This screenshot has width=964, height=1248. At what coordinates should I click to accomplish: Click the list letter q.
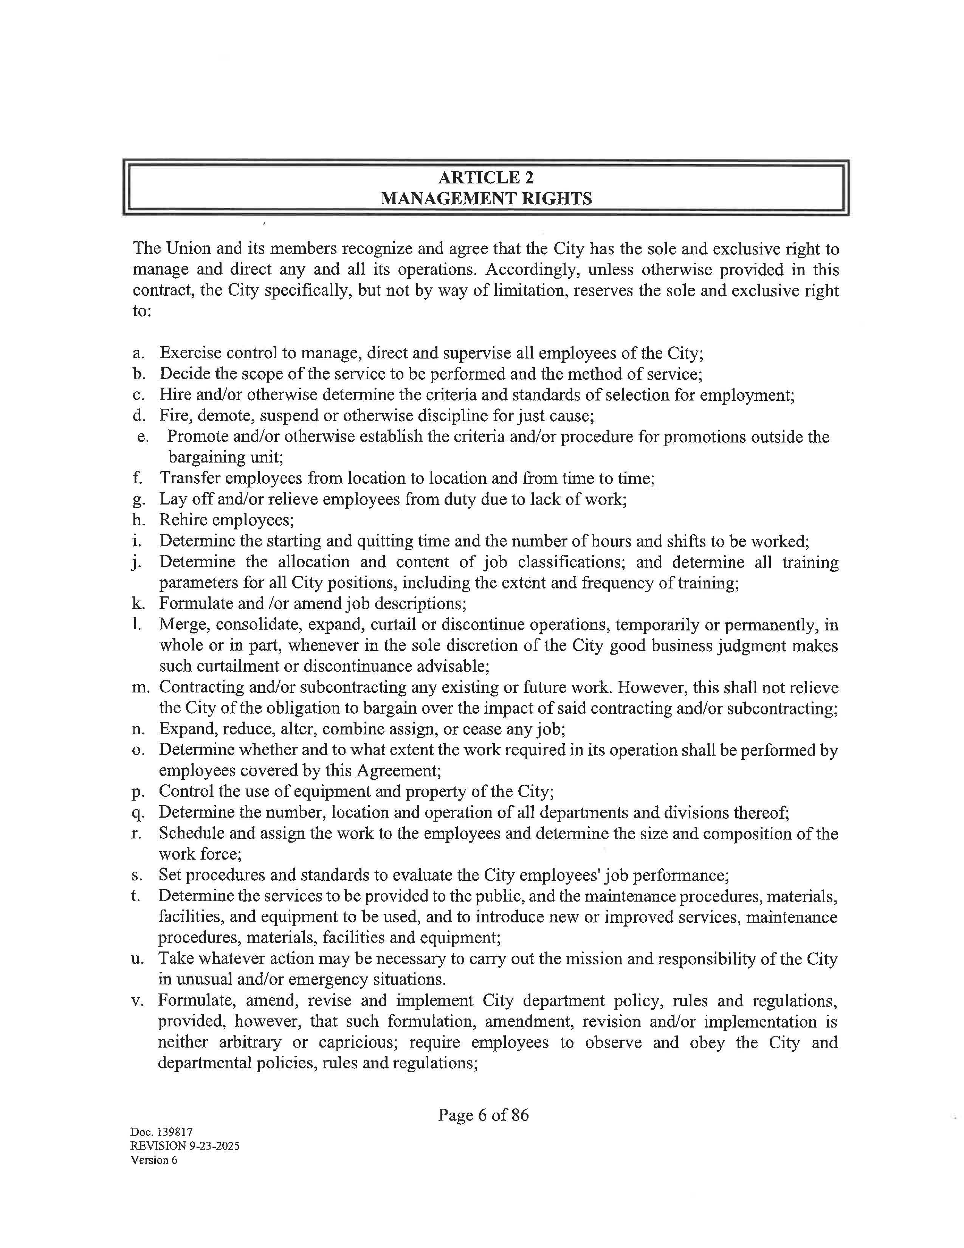[x=136, y=813]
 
